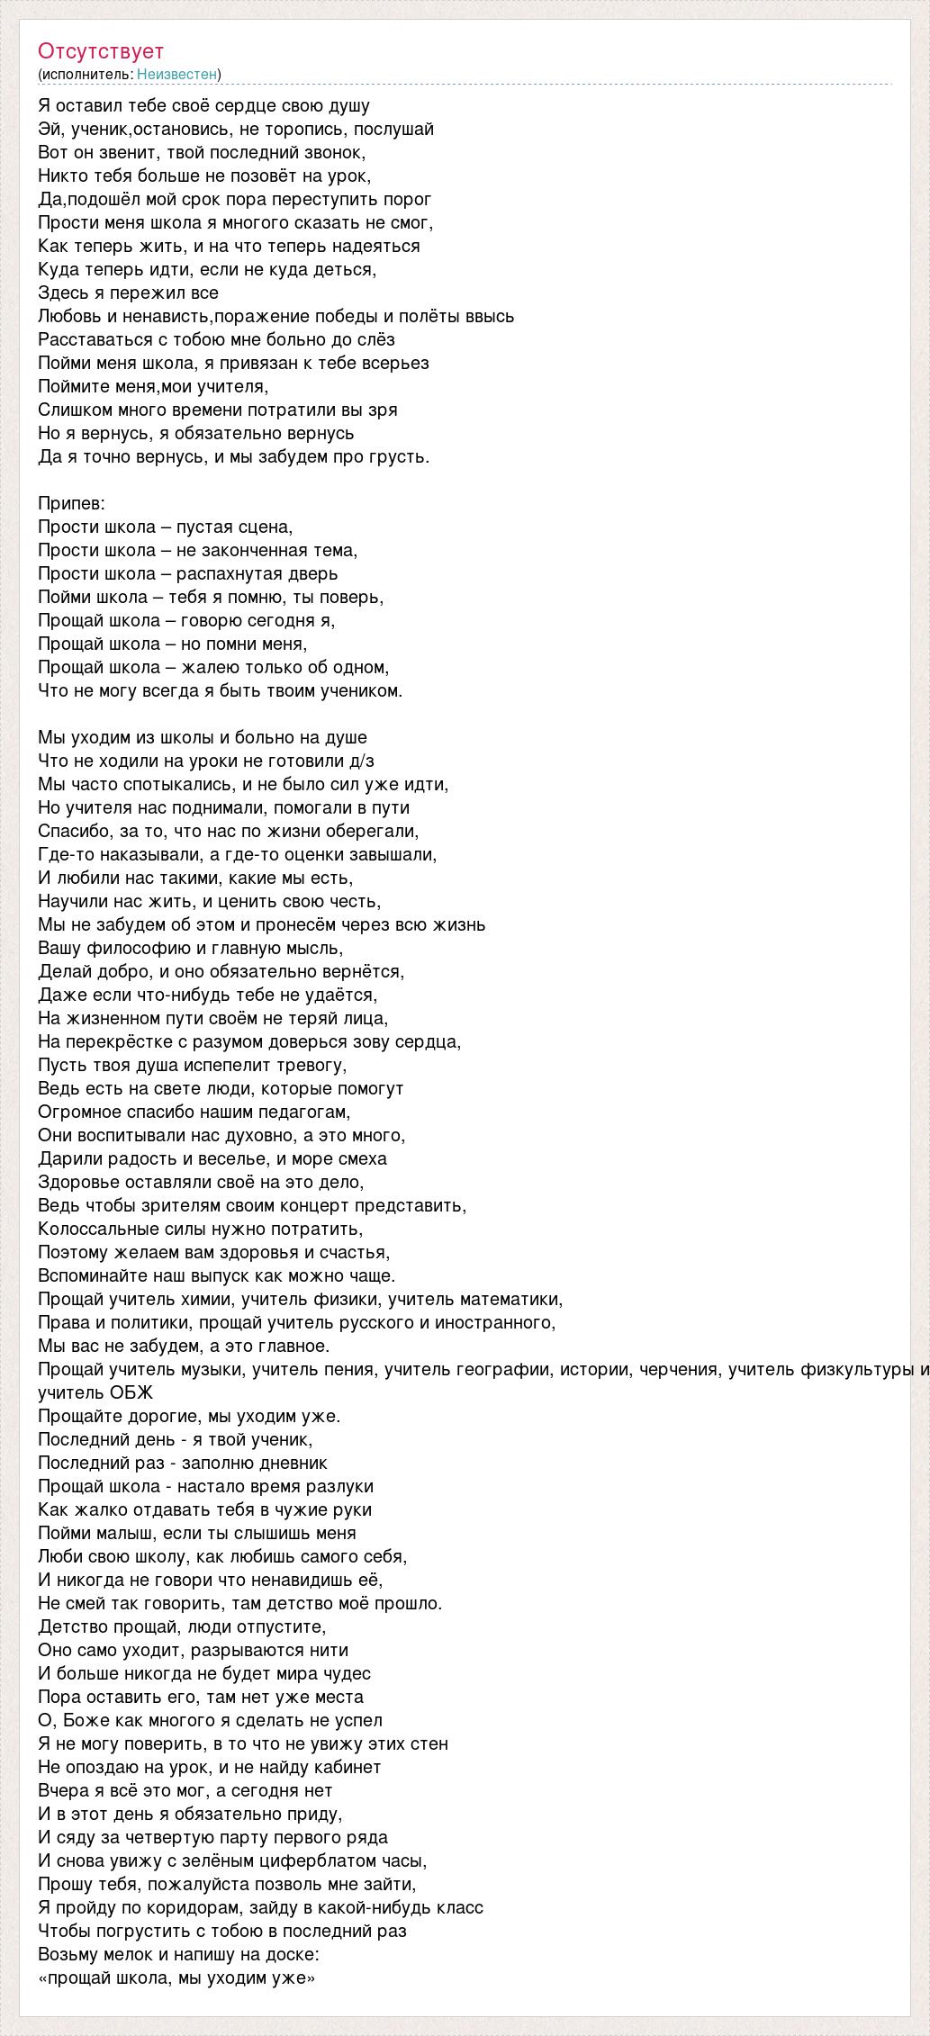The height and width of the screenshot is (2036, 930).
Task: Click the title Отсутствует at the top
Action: (x=101, y=51)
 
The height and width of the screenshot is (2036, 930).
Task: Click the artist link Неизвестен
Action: (x=177, y=74)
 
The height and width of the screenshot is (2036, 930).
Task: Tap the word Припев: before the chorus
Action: (x=72, y=503)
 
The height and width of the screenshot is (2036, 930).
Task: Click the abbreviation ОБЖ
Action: (x=132, y=1392)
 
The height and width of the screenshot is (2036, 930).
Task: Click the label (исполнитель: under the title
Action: (x=86, y=74)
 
